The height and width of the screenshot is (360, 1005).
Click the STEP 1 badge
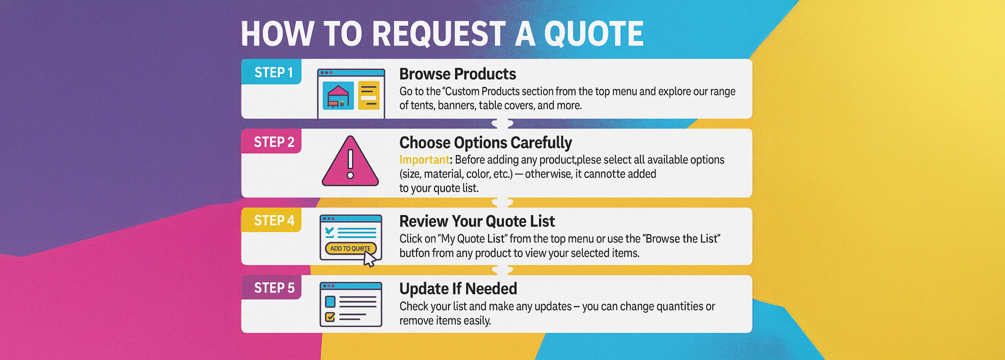(x=271, y=72)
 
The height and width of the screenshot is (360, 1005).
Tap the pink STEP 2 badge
(x=271, y=141)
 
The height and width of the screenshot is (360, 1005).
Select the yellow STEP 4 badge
(x=271, y=220)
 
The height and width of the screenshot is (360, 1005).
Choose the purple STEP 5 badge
(x=271, y=287)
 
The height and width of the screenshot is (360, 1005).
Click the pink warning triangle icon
(x=350, y=162)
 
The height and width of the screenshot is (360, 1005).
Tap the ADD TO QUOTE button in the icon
(x=351, y=248)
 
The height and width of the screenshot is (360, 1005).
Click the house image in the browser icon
(x=338, y=96)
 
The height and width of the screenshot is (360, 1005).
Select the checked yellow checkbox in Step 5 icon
(x=330, y=317)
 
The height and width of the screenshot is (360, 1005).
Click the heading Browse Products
(x=458, y=74)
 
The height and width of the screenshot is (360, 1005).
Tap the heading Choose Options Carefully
(x=486, y=143)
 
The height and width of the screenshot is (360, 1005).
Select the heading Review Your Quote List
(x=477, y=221)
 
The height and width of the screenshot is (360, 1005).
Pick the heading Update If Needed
(x=458, y=289)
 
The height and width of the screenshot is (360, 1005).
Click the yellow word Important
(x=424, y=160)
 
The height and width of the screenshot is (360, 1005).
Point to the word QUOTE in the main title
(x=594, y=34)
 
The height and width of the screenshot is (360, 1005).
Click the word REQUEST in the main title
(x=439, y=34)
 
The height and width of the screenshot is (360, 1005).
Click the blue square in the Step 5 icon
(x=330, y=302)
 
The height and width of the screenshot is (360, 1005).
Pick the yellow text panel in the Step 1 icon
(x=369, y=95)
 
